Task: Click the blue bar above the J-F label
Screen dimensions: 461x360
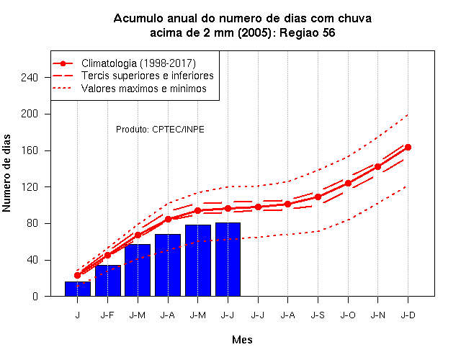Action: pos(108,281)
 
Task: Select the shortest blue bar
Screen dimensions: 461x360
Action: pos(78,289)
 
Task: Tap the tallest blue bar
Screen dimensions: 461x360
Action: pos(228,259)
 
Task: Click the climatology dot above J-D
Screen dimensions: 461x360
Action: pos(408,147)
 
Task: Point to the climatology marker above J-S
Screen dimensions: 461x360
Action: pos(318,197)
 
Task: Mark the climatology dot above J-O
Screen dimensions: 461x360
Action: pos(348,184)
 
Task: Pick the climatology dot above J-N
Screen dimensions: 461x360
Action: pos(377,167)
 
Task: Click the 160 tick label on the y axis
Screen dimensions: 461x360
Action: pos(30,150)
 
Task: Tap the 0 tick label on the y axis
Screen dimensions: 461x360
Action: pos(35,296)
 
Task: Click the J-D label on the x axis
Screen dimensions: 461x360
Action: pos(408,315)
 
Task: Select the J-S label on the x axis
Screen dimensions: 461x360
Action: pos(318,315)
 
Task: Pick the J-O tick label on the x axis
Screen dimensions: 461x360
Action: pos(348,315)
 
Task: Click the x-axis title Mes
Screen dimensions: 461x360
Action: pos(242,340)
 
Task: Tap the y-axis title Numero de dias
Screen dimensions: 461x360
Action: pos(6,174)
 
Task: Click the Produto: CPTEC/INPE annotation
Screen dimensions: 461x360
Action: pos(160,130)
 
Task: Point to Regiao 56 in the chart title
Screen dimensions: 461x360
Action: pos(308,32)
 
